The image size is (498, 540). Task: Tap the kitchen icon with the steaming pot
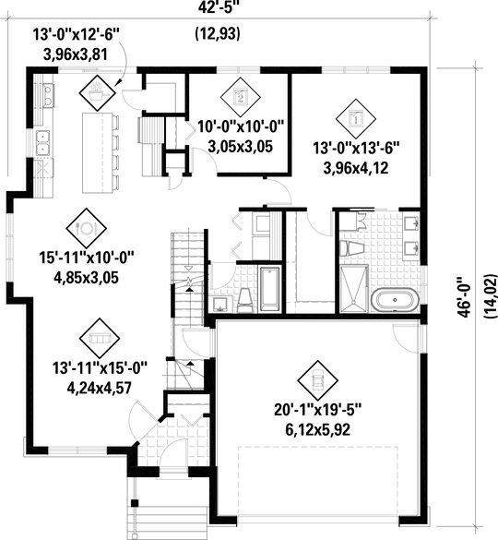[97, 90]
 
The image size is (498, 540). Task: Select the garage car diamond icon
[314, 377]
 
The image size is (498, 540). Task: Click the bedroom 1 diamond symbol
[357, 116]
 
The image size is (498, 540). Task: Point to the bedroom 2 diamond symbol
[240, 94]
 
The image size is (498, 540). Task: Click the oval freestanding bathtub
[396, 299]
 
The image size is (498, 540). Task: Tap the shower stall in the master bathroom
[354, 288]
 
